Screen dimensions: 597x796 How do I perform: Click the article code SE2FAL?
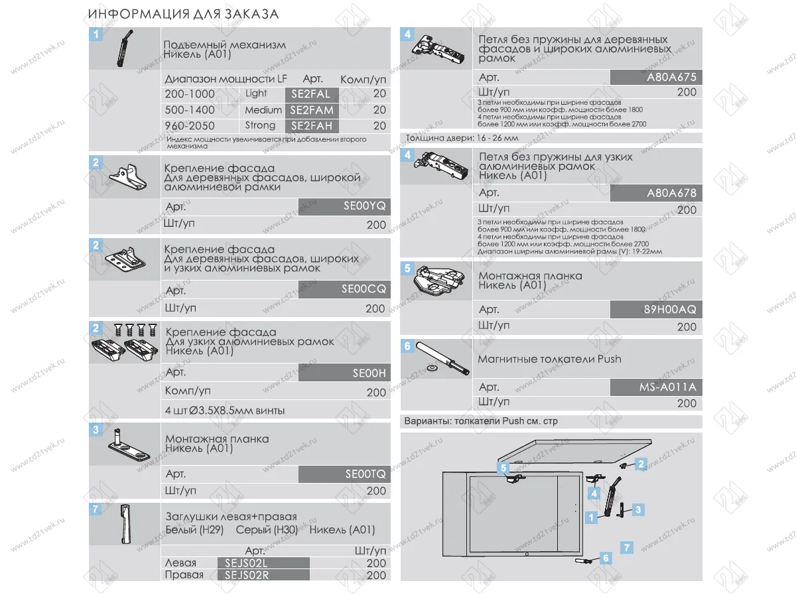tap(310, 94)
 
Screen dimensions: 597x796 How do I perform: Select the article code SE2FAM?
tap(311, 110)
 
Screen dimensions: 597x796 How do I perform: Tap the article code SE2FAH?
tap(310, 126)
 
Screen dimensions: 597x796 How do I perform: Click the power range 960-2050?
tap(190, 126)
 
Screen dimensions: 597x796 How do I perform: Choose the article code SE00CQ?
tap(363, 290)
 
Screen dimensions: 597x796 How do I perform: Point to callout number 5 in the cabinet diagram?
tap(503, 468)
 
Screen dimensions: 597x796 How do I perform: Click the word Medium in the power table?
tap(263, 110)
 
